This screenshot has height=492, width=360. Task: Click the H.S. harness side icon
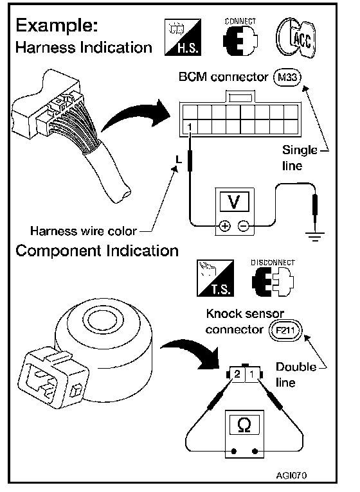(183, 37)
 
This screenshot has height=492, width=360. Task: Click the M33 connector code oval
(287, 77)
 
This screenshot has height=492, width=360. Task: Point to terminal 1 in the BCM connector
(190, 127)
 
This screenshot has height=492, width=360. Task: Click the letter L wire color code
(179, 160)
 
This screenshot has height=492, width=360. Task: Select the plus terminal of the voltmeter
(224, 225)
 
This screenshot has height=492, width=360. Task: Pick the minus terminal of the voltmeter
(243, 225)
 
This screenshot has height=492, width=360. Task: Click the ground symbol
(315, 236)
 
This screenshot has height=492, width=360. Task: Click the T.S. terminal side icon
(215, 278)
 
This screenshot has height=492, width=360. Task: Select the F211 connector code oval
(285, 330)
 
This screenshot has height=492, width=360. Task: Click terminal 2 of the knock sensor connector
(237, 374)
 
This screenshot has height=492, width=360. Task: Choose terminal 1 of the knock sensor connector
(252, 374)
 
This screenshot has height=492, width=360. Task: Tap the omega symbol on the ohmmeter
(244, 425)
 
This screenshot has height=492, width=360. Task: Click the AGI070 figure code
(291, 475)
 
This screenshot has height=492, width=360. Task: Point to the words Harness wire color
(84, 231)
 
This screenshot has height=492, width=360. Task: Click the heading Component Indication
(97, 251)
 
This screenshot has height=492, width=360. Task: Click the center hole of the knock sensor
(102, 320)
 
